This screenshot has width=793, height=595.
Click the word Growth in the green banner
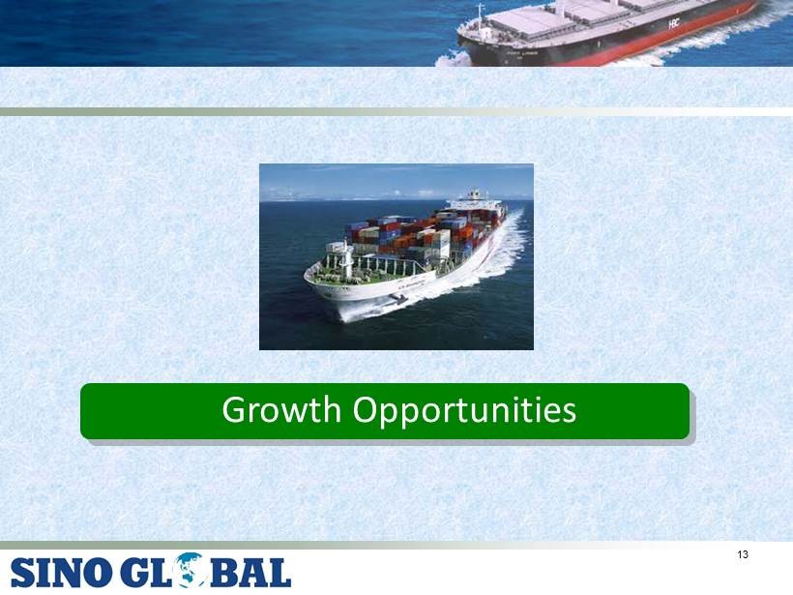(x=281, y=410)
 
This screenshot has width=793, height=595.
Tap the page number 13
(x=743, y=554)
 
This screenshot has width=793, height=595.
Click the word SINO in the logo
(x=61, y=573)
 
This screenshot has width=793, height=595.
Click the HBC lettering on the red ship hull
(x=674, y=23)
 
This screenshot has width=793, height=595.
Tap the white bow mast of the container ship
(x=347, y=259)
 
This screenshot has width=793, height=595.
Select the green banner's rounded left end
(x=86, y=411)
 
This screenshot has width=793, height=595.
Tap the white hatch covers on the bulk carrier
(x=581, y=15)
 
